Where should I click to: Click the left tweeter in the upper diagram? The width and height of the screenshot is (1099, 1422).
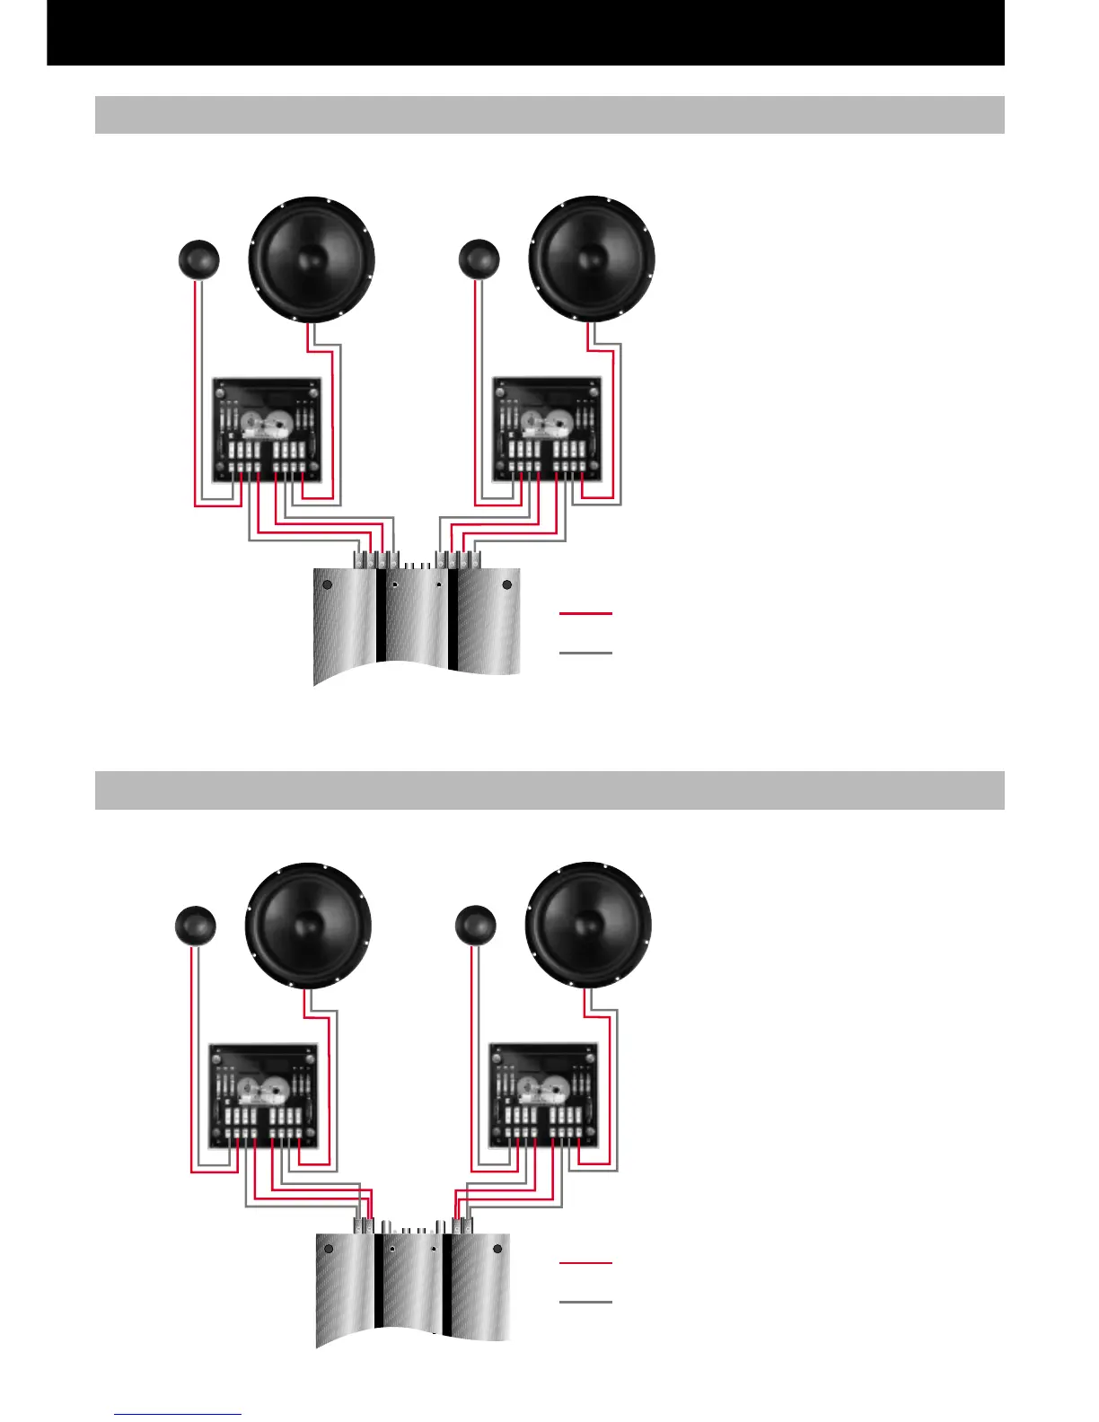click(x=198, y=259)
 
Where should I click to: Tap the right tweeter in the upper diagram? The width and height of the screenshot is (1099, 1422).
click(x=479, y=259)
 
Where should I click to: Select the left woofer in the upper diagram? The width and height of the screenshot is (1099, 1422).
click(x=311, y=259)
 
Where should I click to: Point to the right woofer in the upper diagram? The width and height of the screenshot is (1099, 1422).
click(x=592, y=259)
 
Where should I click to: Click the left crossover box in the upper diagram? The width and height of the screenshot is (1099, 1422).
click(x=267, y=429)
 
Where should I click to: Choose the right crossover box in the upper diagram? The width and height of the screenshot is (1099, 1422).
click(x=547, y=429)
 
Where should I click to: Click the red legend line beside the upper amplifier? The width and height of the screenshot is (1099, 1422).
click(x=585, y=613)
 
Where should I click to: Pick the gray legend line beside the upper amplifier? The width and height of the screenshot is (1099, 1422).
click(x=585, y=653)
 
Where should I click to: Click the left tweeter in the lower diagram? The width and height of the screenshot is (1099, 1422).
click(x=195, y=926)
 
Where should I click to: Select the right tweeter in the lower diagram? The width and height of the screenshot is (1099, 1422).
click(x=476, y=926)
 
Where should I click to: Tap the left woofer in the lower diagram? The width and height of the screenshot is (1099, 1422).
click(x=308, y=926)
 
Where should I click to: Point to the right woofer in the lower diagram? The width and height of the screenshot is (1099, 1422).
click(x=588, y=926)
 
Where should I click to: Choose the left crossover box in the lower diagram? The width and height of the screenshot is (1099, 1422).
click(x=263, y=1095)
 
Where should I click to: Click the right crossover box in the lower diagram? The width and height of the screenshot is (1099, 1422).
click(x=543, y=1095)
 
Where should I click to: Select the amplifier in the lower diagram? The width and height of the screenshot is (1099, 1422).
click(x=414, y=1288)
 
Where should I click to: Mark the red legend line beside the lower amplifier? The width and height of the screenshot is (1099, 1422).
click(x=585, y=1263)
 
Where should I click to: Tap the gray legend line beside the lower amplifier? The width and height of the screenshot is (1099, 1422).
click(x=585, y=1302)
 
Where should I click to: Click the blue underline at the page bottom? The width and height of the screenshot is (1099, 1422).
click(x=178, y=1415)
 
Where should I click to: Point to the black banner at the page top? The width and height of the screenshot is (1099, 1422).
click(x=525, y=32)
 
